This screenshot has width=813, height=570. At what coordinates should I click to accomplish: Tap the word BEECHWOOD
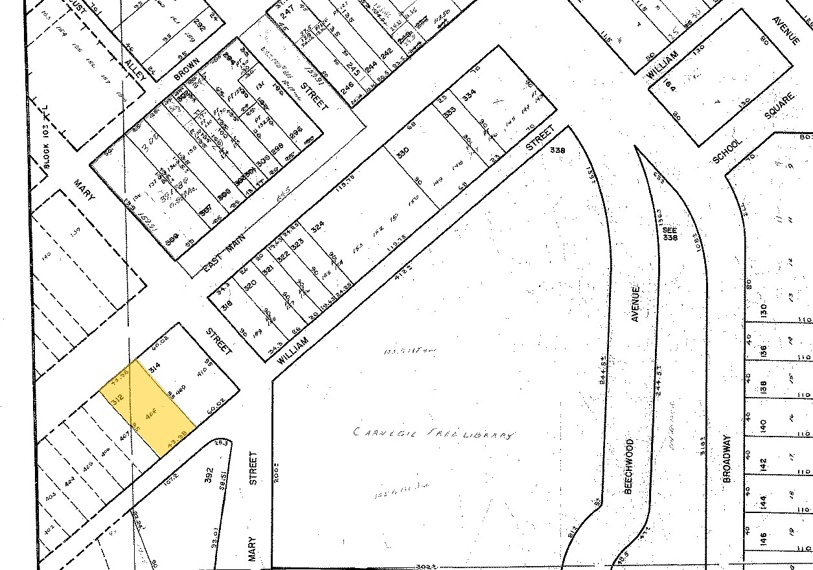tap(628, 466)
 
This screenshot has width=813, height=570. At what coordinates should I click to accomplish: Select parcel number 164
tap(669, 85)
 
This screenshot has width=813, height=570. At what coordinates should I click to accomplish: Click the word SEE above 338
tap(669, 229)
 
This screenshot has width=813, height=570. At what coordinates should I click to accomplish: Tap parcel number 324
tap(317, 227)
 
